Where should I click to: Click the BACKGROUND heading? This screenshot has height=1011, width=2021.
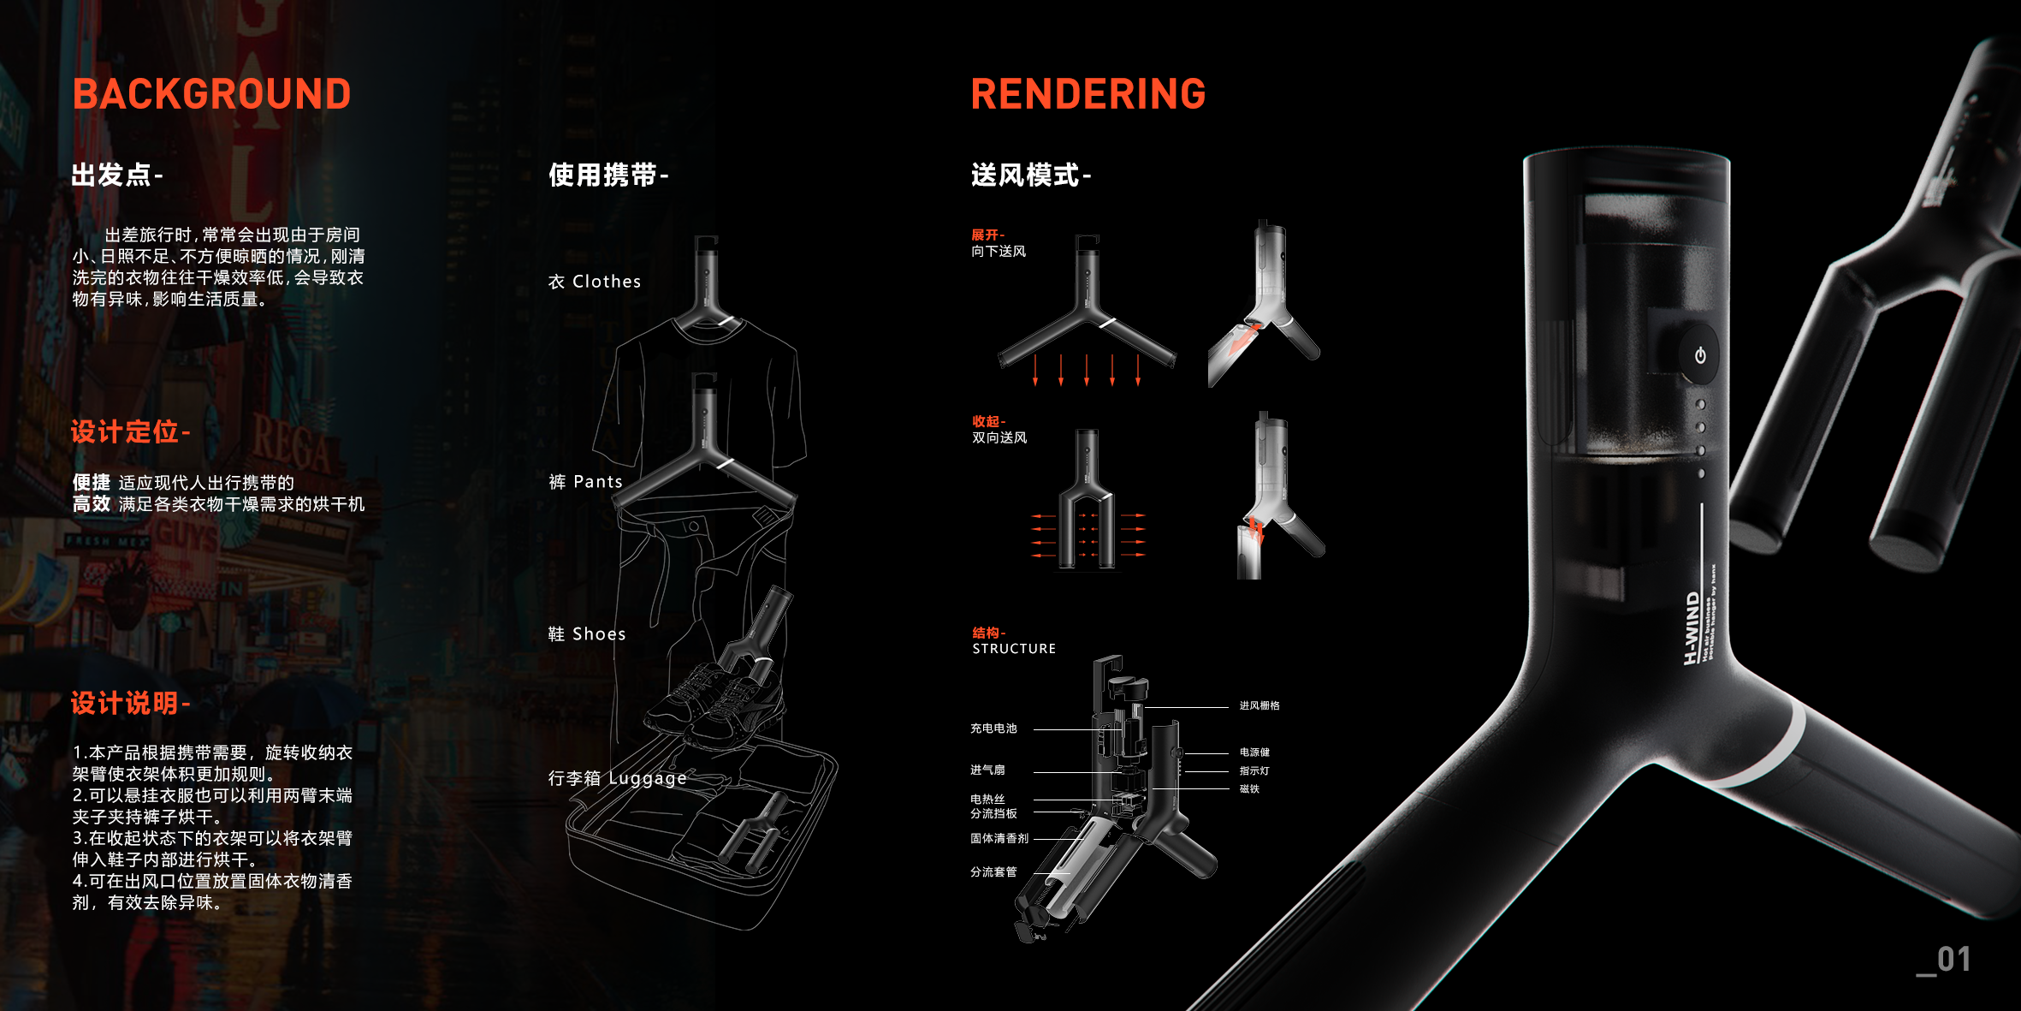pos(211,94)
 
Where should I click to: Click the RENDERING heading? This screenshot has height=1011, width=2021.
pos(1088,94)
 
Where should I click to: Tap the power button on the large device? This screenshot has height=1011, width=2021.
pos(1699,355)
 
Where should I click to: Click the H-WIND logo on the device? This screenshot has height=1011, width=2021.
pos(1692,627)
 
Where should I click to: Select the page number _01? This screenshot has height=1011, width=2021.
pos(1944,960)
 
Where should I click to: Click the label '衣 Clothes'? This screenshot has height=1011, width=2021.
pos(594,282)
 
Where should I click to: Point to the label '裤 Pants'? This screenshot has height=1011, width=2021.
pos(585,482)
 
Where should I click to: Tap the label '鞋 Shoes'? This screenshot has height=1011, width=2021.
pos(586,634)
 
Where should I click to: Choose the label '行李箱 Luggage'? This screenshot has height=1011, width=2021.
pos(617,778)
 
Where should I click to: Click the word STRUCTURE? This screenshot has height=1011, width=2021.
pos(1014,649)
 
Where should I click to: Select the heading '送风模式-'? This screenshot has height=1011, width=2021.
pos(1030,175)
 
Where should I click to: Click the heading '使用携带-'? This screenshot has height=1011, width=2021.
pos(607,175)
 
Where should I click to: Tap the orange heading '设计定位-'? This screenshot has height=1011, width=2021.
pos(130,431)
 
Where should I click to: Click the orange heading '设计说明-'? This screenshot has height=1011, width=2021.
pos(130,704)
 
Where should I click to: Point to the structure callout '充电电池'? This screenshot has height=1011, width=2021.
pos(993,729)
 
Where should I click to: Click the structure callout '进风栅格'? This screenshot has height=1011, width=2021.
pos(1259,705)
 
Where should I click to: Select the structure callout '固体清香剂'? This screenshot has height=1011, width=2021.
pos(999,839)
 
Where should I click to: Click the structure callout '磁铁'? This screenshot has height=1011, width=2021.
pos(1249,789)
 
